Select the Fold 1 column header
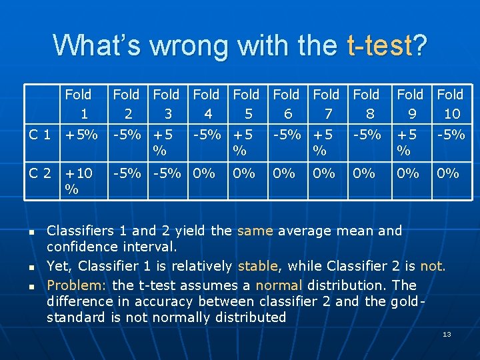(79, 104)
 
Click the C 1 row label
(40, 135)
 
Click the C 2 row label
(40, 174)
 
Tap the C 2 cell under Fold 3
(166, 174)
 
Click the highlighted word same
(255, 231)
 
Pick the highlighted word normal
(279, 285)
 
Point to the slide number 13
(447, 334)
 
